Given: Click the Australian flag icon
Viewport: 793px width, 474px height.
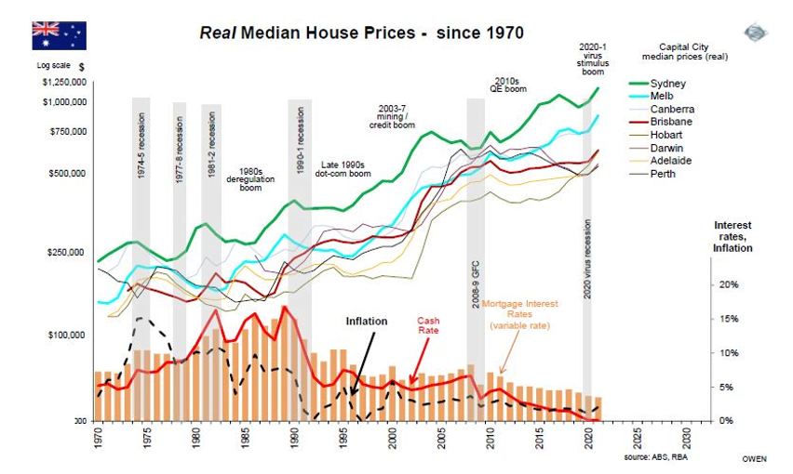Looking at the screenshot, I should pyautogui.click(x=59, y=35).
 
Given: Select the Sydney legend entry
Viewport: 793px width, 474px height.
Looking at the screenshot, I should pyautogui.click(x=668, y=84).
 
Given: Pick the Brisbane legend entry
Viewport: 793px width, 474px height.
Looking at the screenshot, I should pyautogui.click(x=671, y=122).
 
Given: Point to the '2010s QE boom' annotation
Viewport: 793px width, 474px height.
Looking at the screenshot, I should pyautogui.click(x=509, y=84).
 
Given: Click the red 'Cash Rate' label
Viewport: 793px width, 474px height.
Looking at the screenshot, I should pyautogui.click(x=427, y=324).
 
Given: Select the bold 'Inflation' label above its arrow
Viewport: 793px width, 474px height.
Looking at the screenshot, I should pyautogui.click(x=367, y=322).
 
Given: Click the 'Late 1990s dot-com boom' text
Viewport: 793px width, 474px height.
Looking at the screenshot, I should pyautogui.click(x=345, y=168).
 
